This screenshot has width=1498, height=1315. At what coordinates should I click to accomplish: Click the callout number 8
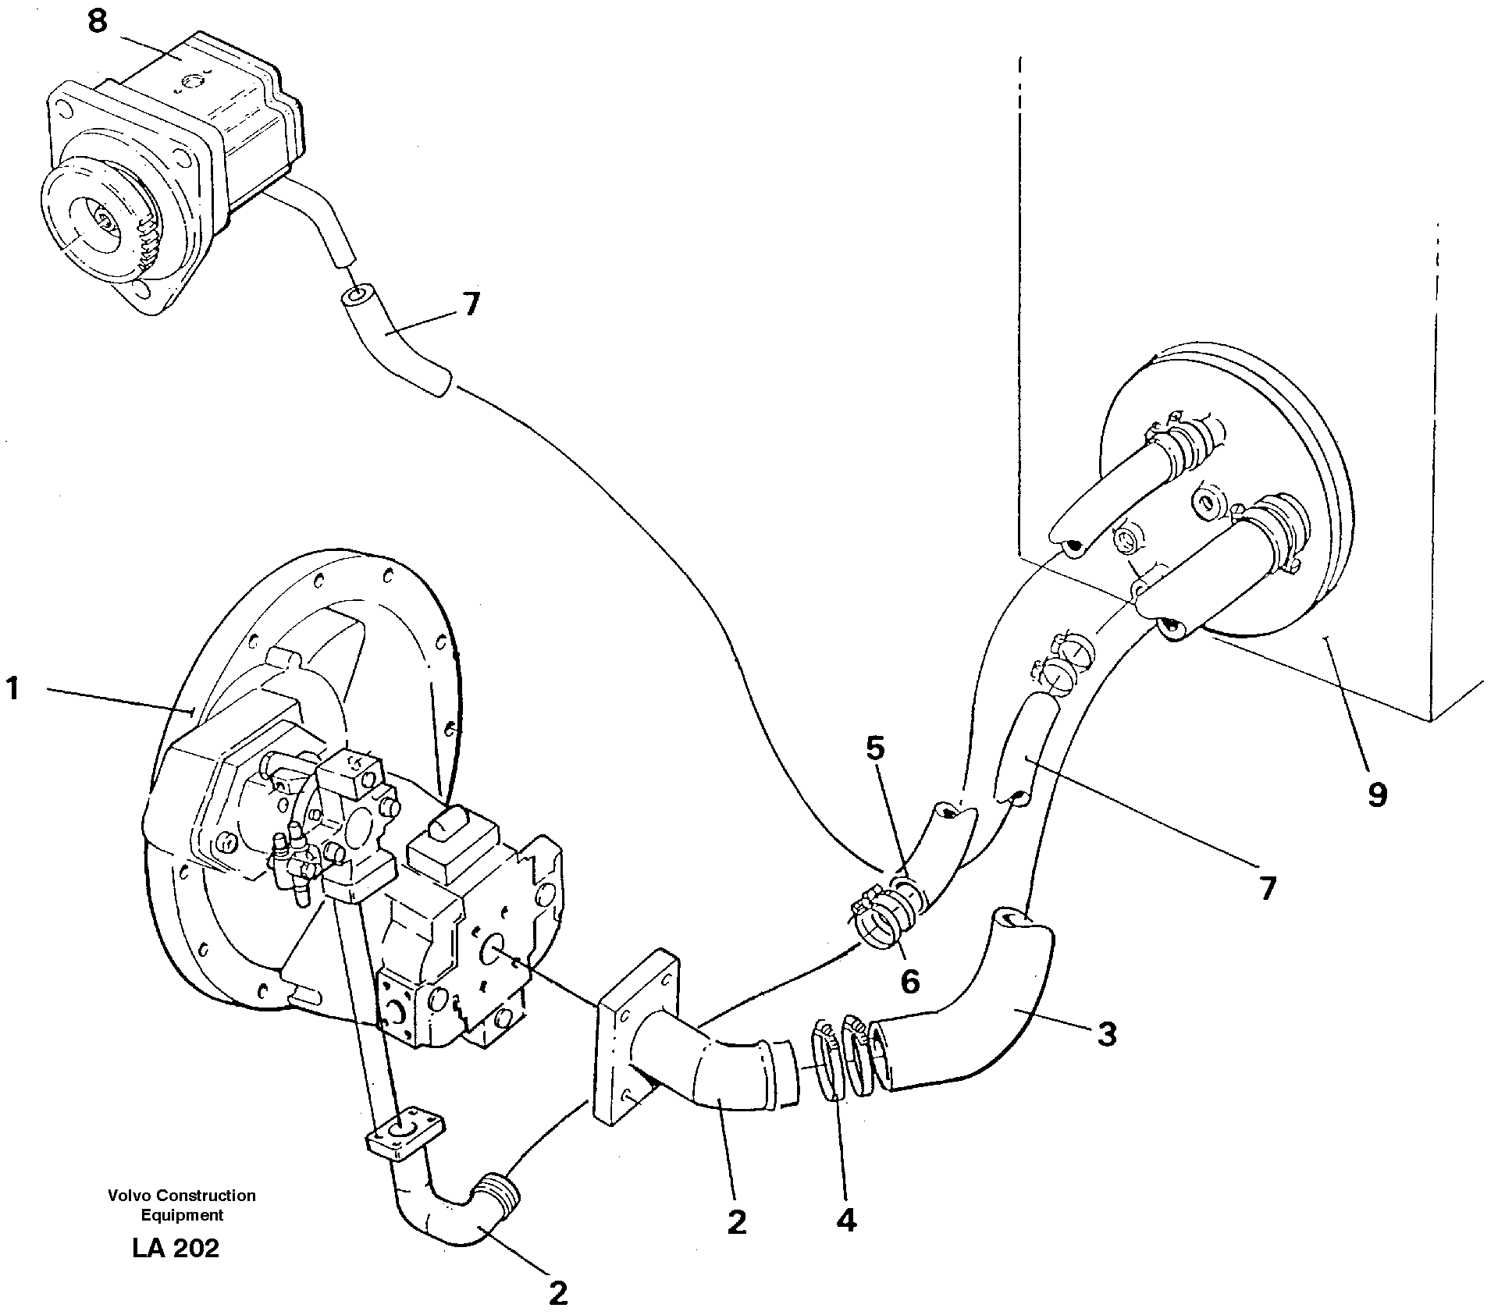coord(97,22)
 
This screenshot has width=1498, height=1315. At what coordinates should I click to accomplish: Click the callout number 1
coord(12,690)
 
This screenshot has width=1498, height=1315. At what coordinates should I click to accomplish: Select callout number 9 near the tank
coord(1377,794)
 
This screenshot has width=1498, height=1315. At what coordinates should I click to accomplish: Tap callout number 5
coord(875,749)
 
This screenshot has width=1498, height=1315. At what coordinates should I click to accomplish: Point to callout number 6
coord(909,981)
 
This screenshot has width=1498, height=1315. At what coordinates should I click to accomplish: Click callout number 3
coord(1107,1035)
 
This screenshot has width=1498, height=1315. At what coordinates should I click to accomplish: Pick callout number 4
coord(846,1218)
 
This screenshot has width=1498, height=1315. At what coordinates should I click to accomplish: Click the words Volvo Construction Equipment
coord(182,1205)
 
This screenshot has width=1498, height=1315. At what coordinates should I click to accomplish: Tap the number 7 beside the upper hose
coord(471,304)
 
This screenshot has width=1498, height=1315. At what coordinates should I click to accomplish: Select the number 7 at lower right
coord(1267,888)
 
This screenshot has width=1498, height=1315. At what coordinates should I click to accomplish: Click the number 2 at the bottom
coord(557,1293)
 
